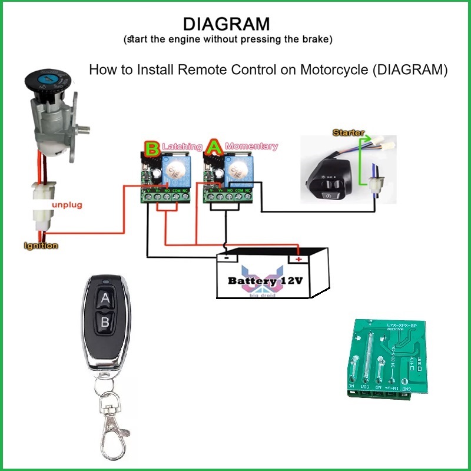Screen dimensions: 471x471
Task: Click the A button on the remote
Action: pyautogui.click(x=105, y=298)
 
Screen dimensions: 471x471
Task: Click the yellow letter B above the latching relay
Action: pyautogui.click(x=152, y=148)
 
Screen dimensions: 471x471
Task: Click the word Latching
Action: pyautogui.click(x=182, y=145)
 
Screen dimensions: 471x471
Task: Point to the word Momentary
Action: pyautogui.click(x=251, y=145)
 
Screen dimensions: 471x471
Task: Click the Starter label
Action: pyautogui.click(x=349, y=133)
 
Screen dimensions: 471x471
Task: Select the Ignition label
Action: pyautogui.click(x=41, y=246)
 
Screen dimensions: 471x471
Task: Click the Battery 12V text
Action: pyautogui.click(x=266, y=281)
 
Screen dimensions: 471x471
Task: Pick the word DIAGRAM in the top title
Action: pyautogui.click(x=227, y=24)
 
